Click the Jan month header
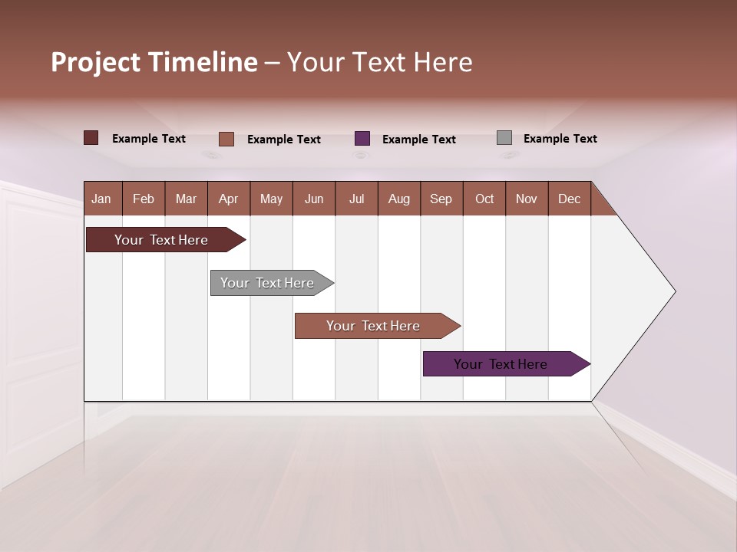tap(101, 199)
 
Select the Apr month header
tap(228, 199)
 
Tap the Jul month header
tap(356, 199)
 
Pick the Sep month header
tap(441, 199)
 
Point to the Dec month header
tap(569, 199)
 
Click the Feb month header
tap(144, 199)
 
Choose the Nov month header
tap(526, 199)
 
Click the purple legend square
tap(362, 139)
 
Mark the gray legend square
tap(504, 138)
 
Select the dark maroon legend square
tap(91, 138)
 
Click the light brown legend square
tap(226, 139)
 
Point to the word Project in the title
tap(95, 62)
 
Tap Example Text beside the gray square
tap(560, 139)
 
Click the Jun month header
tap(314, 199)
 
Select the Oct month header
tap(484, 199)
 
